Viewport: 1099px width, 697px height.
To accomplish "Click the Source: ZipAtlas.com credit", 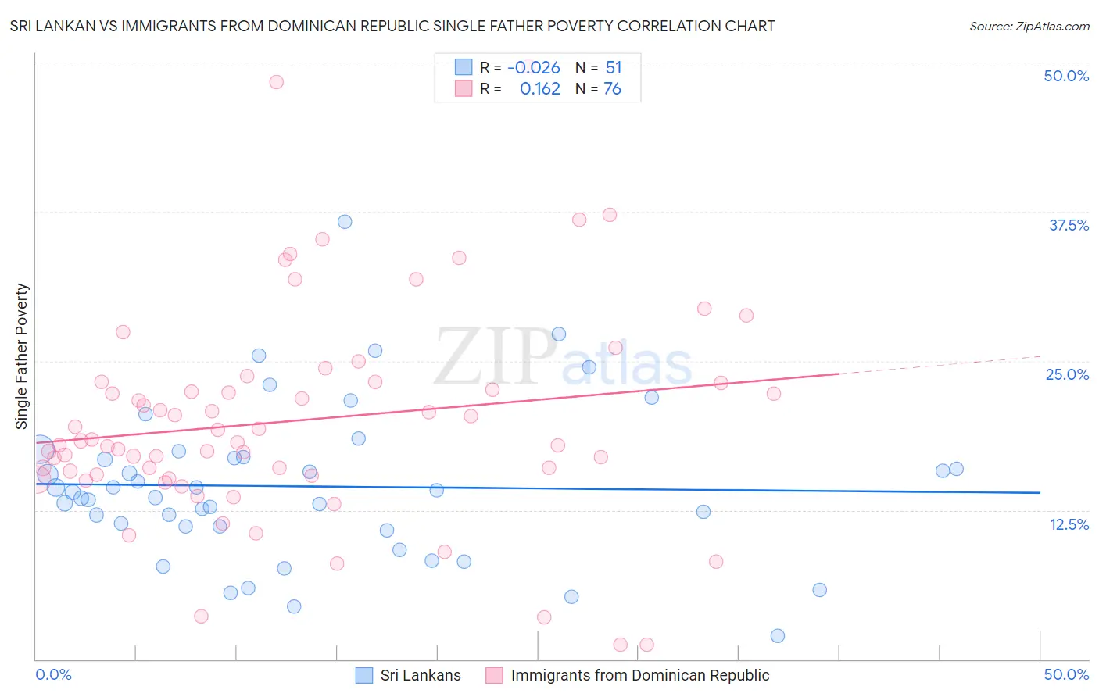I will coord(1029,27).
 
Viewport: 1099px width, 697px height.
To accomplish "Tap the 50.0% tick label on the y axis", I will coord(1066,76).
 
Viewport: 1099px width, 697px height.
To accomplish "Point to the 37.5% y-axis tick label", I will coord(1069,225).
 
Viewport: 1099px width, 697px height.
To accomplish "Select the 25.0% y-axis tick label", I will coord(1067,374).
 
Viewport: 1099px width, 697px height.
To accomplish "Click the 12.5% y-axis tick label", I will coord(1069,524).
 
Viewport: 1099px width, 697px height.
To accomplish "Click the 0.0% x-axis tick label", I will coord(53,674).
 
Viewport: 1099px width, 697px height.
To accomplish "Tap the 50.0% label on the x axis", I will coord(1066,674).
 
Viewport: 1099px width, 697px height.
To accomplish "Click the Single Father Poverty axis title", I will coord(22,356).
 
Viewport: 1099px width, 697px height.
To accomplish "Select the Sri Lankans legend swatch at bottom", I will coord(364,675).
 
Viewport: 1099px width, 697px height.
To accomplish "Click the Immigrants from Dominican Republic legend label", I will coord(640,675).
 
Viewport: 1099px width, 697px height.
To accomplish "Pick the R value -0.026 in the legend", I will coord(534,68).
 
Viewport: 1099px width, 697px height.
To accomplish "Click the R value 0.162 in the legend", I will coord(540,89).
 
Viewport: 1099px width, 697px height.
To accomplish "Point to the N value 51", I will coord(614,68).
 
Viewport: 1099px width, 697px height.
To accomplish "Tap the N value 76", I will coord(612,89).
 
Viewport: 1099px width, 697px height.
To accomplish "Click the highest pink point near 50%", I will coord(276,82).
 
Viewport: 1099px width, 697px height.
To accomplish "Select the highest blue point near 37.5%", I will coord(345,222).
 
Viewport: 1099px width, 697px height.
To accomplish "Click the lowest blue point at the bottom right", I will coord(778,636).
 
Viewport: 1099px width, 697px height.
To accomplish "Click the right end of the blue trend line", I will coord(1040,492).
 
